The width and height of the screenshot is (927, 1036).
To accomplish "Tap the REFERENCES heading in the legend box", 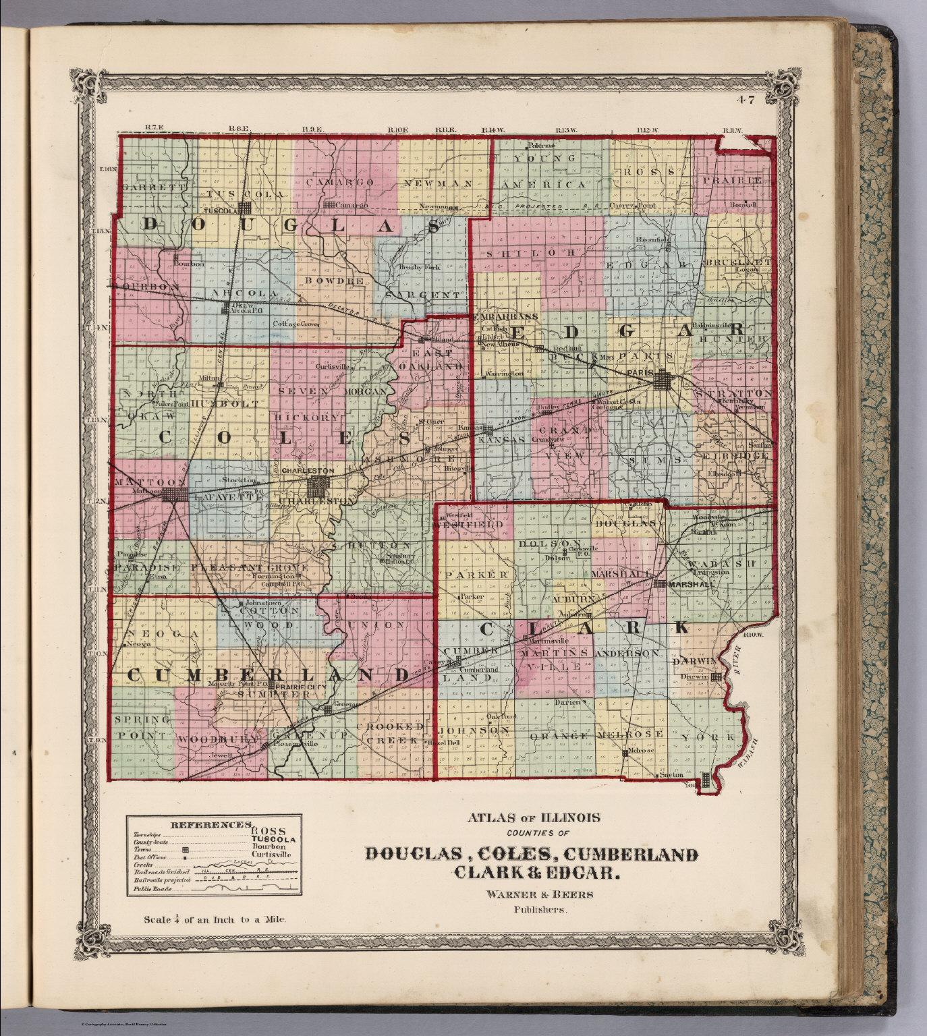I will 210,824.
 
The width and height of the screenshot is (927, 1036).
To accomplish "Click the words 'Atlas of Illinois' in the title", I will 533,817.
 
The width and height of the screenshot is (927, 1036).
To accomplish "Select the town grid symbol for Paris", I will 663,381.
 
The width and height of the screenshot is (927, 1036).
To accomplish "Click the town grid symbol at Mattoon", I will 177,495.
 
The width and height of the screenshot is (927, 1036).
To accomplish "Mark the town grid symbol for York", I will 706,780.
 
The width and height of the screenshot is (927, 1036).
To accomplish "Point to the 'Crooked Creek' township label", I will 391,733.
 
